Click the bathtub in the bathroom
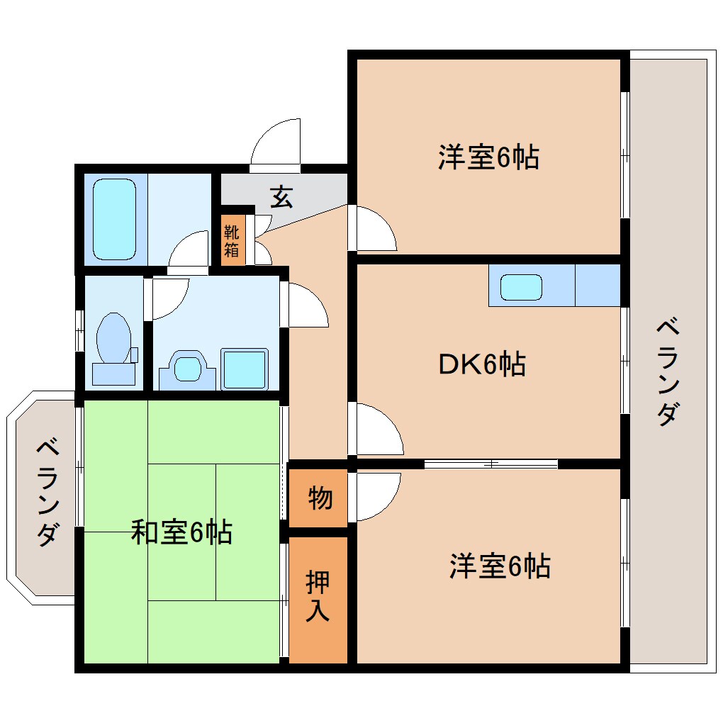[114, 220]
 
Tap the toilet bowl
[113, 340]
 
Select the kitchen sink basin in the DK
[522, 287]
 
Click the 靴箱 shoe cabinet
[232, 240]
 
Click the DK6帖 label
[481, 364]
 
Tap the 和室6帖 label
[181, 532]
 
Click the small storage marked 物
[320, 498]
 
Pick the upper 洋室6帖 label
[488, 157]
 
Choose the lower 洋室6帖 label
[500, 566]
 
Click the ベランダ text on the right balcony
[666, 372]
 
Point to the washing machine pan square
[245, 369]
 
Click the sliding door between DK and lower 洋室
[491, 464]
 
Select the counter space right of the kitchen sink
[598, 286]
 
